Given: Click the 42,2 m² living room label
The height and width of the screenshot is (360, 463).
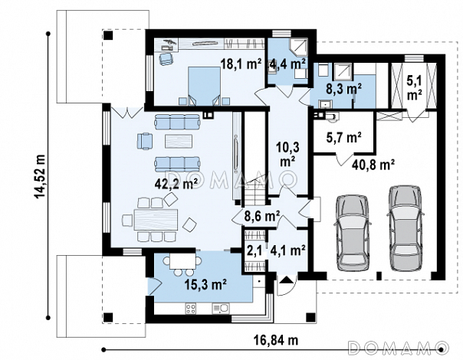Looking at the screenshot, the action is (176, 185).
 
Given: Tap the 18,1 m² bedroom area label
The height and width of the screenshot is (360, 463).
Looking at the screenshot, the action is (241, 64).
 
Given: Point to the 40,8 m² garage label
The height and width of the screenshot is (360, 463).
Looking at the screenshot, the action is (373, 165).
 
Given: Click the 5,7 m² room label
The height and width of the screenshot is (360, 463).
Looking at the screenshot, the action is (343, 137).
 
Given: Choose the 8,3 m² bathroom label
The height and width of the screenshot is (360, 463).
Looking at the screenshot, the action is (344, 88).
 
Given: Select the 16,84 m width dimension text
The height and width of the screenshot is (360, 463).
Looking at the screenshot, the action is (276, 340).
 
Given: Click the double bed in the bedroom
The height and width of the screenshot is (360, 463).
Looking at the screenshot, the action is (205, 86).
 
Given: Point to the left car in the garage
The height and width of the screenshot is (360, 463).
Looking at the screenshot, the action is (352, 233).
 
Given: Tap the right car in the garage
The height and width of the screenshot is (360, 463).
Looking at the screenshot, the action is (405, 227).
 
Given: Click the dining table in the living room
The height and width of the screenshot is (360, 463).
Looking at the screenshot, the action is (156, 220).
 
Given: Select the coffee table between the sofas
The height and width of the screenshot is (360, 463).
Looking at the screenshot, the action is (179, 141).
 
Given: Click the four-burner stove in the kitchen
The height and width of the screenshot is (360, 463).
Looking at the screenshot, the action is (190, 309).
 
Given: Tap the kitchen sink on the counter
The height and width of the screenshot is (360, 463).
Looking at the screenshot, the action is (220, 309).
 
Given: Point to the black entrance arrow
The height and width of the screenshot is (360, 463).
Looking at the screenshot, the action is (285, 280).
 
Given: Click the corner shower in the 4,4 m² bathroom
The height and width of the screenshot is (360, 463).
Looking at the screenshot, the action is (298, 47).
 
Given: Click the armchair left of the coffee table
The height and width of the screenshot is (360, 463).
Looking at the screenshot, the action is (145, 141).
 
